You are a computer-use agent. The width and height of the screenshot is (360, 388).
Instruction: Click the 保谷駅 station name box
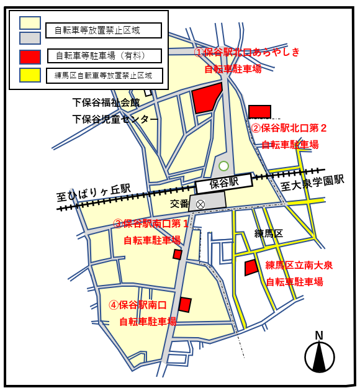224,183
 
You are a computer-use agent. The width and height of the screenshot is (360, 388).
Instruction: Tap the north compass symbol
320,358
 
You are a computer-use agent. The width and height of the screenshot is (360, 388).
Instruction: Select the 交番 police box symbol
200,204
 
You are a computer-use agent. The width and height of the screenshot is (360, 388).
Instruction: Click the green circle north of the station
223,166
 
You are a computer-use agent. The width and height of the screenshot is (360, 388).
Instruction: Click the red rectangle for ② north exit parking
259,112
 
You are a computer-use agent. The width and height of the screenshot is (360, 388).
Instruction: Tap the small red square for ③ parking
178,254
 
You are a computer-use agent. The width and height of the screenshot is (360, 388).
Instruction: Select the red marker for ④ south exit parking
185,304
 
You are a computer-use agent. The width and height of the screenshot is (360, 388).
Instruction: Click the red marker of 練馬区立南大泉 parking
251,268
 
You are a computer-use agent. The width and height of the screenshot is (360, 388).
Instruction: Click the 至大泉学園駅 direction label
312,182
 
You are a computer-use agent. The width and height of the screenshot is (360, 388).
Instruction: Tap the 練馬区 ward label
268,233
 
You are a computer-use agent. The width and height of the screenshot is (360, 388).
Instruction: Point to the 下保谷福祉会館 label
106,103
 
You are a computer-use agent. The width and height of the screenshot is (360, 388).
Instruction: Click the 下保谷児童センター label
115,119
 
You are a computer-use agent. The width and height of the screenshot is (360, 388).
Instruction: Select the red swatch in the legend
30,57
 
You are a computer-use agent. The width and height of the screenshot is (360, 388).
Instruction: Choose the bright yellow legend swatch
30,76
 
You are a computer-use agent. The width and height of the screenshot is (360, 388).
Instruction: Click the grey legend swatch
30,38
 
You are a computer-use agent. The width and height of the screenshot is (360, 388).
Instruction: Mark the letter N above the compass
319,336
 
